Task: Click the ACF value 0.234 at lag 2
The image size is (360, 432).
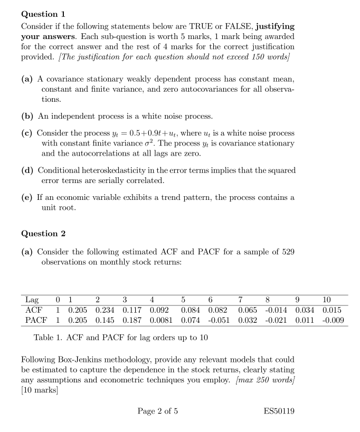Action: pyautogui.click(x=105, y=310)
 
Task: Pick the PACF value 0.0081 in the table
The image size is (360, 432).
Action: pyautogui.click(x=160, y=320)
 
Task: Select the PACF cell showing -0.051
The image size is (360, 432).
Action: pyautogui.click(x=217, y=320)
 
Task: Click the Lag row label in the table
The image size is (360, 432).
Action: pyautogui.click(x=32, y=300)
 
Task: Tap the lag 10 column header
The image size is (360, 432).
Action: pyautogui.click(x=327, y=300)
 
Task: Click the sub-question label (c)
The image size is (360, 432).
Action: pyautogui.click(x=27, y=133)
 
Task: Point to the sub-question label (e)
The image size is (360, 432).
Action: pyautogui.click(x=27, y=197)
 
